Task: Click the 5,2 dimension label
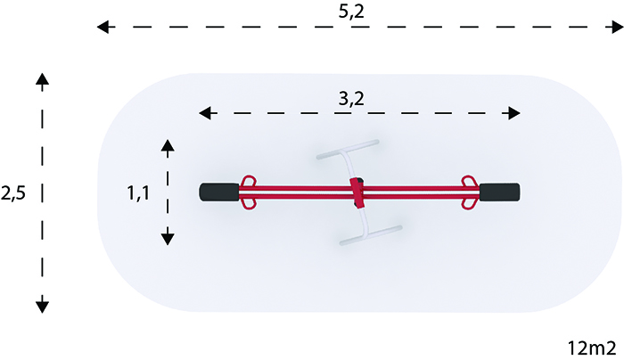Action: [351, 11]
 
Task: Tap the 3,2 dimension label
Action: [351, 99]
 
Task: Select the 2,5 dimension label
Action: [13, 193]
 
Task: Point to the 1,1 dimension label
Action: [138, 193]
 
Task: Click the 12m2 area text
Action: [591, 348]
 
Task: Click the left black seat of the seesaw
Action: [219, 192]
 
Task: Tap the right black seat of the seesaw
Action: [499, 192]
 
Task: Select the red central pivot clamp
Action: [357, 193]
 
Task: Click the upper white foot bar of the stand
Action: [348, 150]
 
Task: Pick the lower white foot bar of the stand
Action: [371, 235]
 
